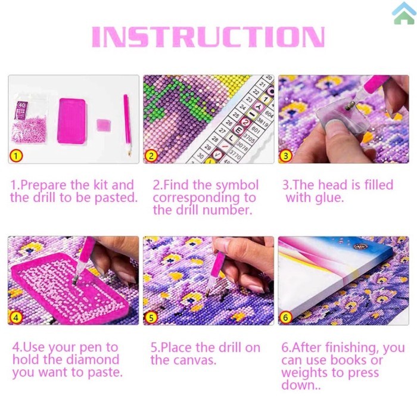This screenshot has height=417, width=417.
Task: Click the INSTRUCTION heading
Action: [x=208, y=37]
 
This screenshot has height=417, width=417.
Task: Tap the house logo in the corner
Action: [x=404, y=13]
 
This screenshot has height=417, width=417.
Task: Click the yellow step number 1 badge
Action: [x=16, y=157]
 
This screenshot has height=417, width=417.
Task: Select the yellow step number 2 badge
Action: [x=151, y=157]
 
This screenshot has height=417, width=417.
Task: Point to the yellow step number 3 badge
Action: [x=287, y=156]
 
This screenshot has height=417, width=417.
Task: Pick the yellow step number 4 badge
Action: [x=16, y=318]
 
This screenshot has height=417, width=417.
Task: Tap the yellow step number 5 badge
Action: [x=151, y=318]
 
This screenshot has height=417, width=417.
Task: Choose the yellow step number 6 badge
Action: [x=287, y=318]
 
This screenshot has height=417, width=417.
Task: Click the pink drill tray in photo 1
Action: [x=71, y=120]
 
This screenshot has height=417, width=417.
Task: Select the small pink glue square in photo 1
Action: [x=103, y=125]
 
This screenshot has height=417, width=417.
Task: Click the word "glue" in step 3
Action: [x=331, y=198]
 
